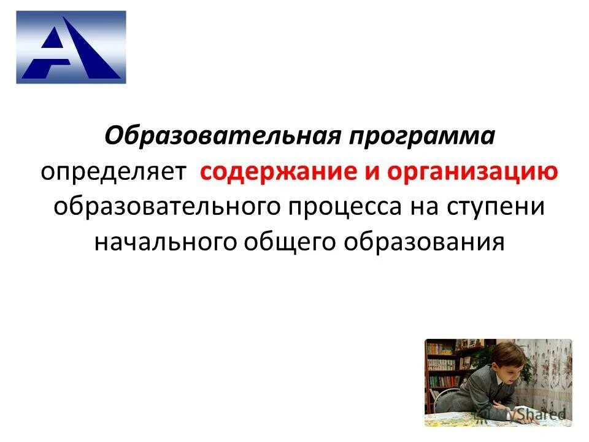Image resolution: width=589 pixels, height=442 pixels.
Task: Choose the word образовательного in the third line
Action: click(x=167, y=206)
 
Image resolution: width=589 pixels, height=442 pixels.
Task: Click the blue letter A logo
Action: click(x=71, y=47)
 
